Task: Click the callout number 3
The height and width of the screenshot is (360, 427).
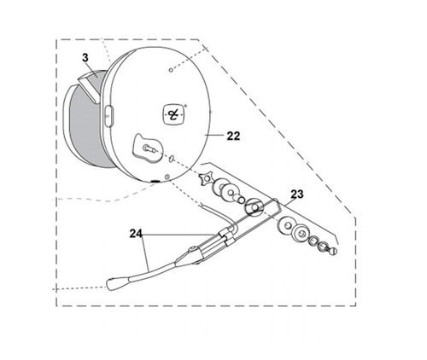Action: point(85,58)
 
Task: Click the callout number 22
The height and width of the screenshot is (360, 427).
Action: point(233,136)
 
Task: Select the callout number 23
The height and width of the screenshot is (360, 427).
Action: point(297,195)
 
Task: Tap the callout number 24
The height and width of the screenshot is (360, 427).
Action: point(136,234)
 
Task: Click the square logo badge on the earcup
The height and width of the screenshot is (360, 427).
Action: point(173,114)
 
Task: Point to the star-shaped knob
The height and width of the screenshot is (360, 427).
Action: point(206,179)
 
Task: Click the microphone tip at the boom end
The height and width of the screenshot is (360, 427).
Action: point(117,283)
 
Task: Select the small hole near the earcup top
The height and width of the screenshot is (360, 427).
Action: point(171,70)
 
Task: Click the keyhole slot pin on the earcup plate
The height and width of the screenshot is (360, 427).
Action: point(149,148)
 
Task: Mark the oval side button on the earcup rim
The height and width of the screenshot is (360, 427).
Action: point(108,116)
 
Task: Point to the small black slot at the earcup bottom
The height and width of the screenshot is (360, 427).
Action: point(155,181)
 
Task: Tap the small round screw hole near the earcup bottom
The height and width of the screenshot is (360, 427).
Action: point(167,177)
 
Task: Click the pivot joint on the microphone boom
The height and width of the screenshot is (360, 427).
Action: point(192,250)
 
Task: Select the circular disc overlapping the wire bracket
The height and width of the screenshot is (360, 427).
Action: point(254,207)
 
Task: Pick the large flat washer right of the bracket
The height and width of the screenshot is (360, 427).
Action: point(284,225)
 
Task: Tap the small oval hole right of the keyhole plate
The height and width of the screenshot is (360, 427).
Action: point(172,158)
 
